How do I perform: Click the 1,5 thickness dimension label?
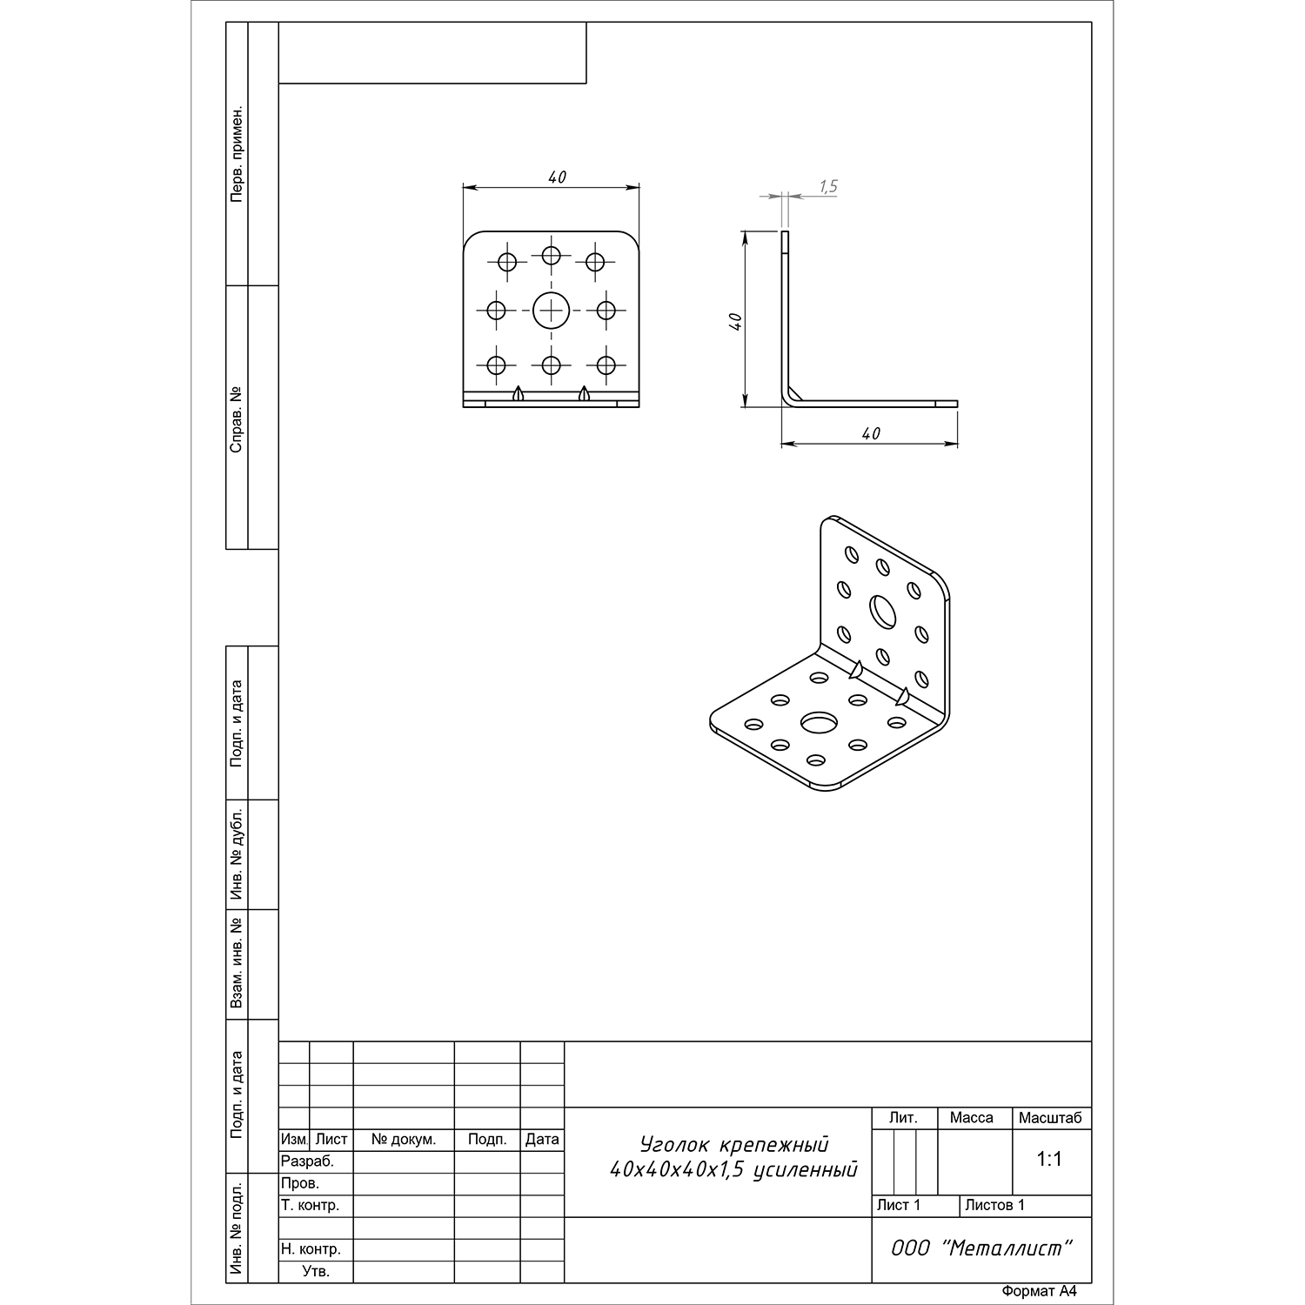(x=827, y=186)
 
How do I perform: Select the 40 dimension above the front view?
(x=557, y=177)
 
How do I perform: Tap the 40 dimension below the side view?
(x=871, y=433)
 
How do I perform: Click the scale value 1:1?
(x=1050, y=1160)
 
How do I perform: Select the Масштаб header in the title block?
(x=1050, y=1118)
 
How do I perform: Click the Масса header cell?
(x=972, y=1118)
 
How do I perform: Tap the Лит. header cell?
(x=904, y=1118)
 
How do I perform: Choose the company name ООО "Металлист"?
(x=981, y=1248)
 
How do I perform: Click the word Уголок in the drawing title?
(x=675, y=1144)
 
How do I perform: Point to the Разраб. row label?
(x=307, y=1161)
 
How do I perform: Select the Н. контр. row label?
(x=311, y=1249)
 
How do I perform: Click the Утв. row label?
(x=316, y=1271)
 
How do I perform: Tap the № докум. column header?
(x=404, y=1140)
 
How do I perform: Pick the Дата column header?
(x=542, y=1140)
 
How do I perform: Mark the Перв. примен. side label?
(x=237, y=155)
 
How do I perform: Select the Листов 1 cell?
(x=995, y=1206)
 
